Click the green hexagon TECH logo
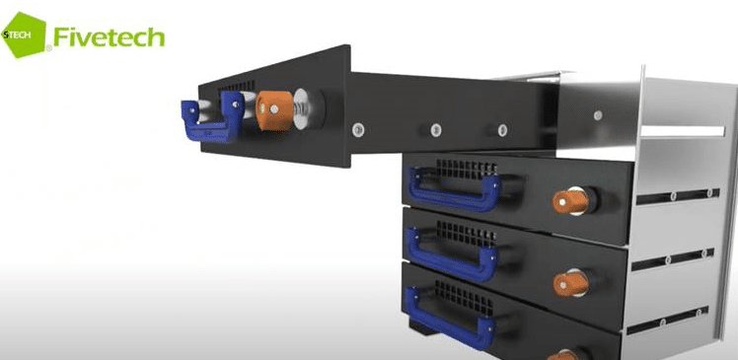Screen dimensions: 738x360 click(24, 36)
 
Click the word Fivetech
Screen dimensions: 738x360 click(109, 36)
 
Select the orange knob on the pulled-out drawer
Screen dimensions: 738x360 click(274, 110)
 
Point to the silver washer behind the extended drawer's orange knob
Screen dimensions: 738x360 click(304, 109)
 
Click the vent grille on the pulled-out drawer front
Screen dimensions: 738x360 click(236, 87)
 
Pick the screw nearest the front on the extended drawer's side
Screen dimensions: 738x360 click(358, 129)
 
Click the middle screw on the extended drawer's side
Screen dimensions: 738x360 click(436, 129)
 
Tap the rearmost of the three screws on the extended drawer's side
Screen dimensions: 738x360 click(502, 129)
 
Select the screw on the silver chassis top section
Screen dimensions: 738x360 click(598, 114)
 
